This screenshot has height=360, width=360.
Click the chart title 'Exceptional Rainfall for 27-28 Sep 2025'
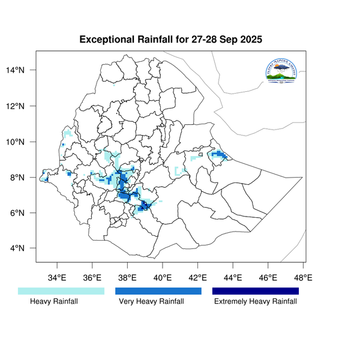click(x=171, y=40)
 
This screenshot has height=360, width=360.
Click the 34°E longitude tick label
click(x=57, y=278)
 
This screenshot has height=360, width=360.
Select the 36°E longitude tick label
click(x=92, y=278)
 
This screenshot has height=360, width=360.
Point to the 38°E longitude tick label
click(x=127, y=278)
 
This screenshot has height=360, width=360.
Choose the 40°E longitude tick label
click(x=163, y=278)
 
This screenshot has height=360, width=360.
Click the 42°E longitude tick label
click(x=198, y=278)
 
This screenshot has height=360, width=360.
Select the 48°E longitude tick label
click(x=303, y=278)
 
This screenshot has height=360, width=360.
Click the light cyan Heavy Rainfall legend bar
click(x=61, y=291)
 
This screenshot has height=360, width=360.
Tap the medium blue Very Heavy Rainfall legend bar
click(x=158, y=291)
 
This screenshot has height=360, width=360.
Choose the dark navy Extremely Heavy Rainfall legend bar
click(x=255, y=291)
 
